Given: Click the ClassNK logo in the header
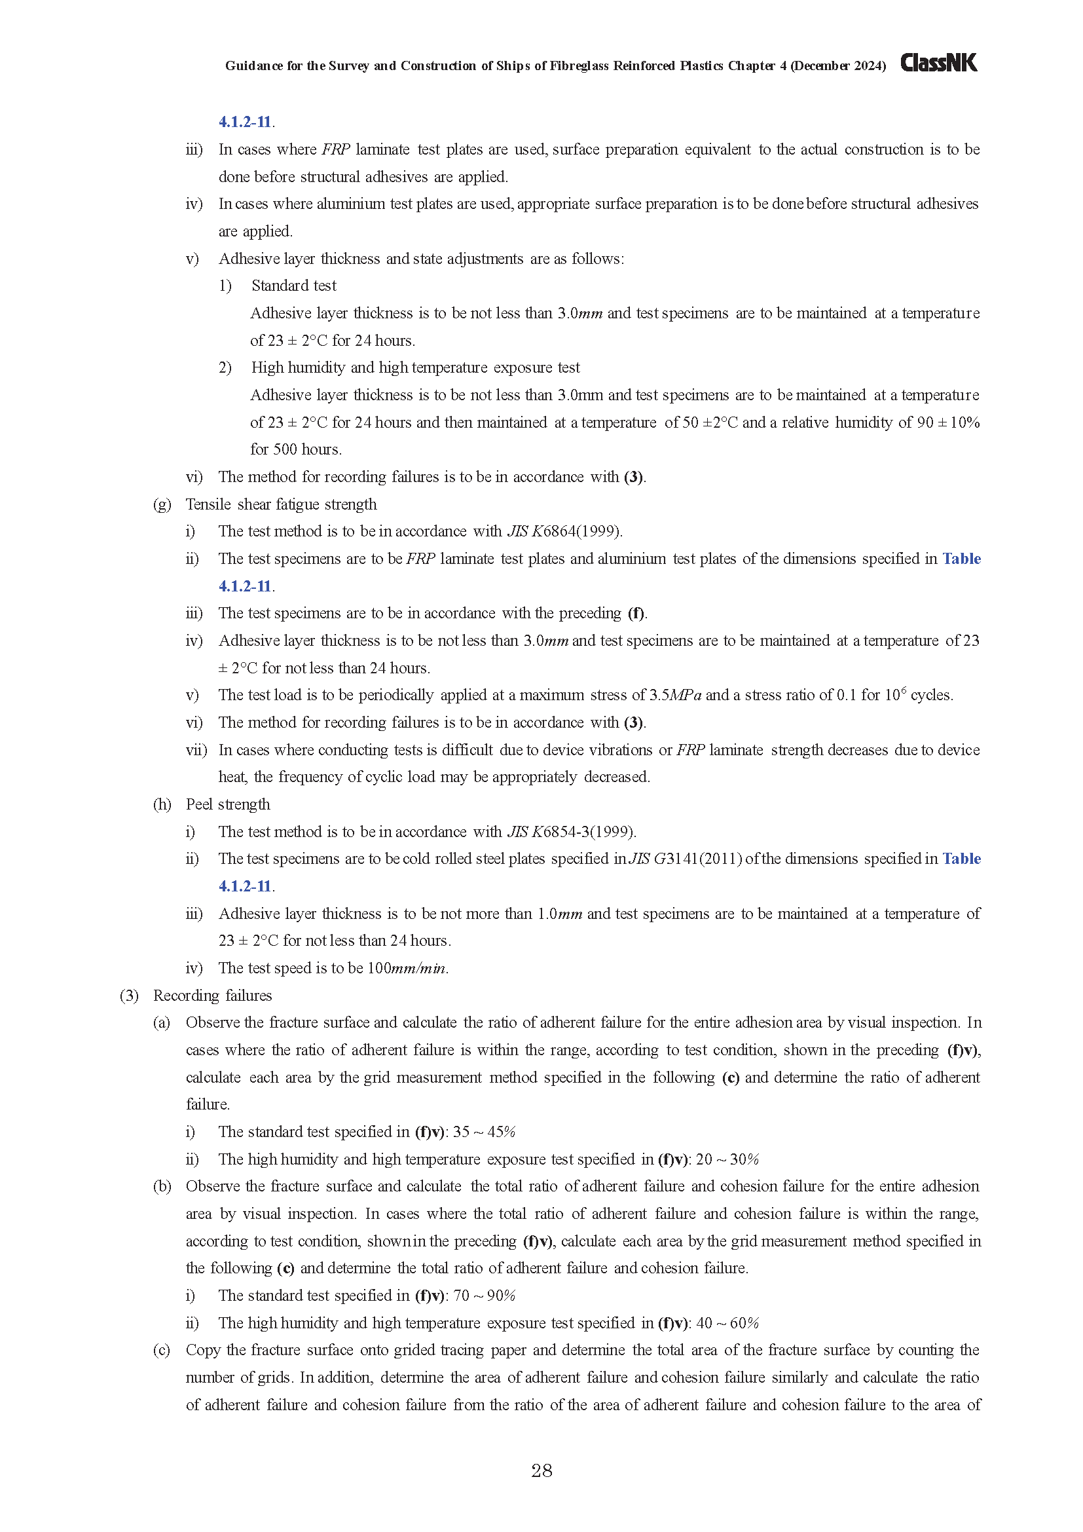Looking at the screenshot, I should coord(938,64).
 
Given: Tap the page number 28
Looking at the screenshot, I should coord(541,1470).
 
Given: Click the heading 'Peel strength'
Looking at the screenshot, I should coord(228,804).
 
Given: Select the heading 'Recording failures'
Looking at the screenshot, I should coord(213,995).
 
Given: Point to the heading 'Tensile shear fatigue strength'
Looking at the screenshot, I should coord(282,504).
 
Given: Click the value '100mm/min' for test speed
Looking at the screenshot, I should coord(408,967).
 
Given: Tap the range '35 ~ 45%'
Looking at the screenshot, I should coord(484,1131).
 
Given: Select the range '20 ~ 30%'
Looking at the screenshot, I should coord(727,1159).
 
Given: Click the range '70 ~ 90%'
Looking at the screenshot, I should coord(484,1295).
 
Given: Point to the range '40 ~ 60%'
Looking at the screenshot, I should coord(727,1322).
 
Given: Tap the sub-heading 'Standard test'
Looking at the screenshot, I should coord(294,286).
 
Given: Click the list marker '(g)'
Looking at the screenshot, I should coord(162,504).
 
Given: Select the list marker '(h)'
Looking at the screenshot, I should coord(162,804).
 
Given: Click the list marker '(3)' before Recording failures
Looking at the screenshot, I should coord(129,995).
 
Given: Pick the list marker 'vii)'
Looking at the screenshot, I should coord(196,749).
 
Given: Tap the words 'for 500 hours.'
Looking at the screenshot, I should coord(296,449).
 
